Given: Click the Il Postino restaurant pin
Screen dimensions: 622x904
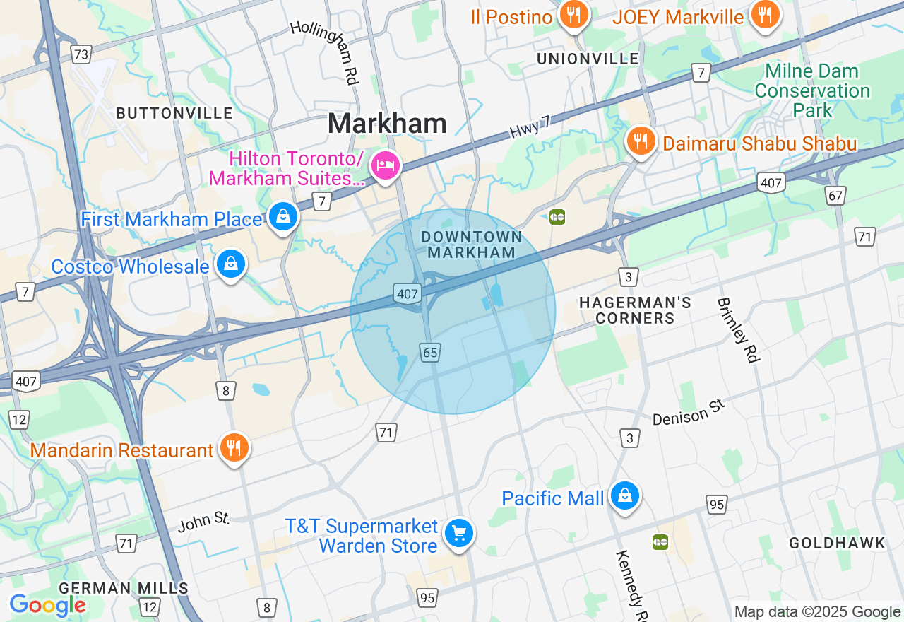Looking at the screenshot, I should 573,15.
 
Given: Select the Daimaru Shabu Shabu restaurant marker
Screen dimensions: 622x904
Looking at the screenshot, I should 641,141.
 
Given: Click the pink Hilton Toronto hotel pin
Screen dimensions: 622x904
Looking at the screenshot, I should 385,166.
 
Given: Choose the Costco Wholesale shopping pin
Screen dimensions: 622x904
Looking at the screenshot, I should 230,264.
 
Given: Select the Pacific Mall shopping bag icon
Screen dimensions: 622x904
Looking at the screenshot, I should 625,496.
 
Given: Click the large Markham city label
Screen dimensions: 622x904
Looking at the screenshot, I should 387,124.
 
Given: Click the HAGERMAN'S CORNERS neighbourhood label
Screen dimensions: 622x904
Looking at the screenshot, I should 635,310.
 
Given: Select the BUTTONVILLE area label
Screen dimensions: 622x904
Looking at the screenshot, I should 174,113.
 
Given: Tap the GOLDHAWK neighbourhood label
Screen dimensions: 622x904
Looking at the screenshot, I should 837,543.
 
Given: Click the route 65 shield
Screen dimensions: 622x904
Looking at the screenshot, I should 430,352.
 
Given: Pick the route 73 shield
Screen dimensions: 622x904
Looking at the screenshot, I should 81,54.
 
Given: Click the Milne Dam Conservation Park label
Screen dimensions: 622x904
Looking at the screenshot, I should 812,90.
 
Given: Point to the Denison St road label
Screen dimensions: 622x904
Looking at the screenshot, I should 689,413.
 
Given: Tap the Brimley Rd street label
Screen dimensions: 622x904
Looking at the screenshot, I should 737,330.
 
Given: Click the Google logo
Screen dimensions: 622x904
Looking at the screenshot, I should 47,605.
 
